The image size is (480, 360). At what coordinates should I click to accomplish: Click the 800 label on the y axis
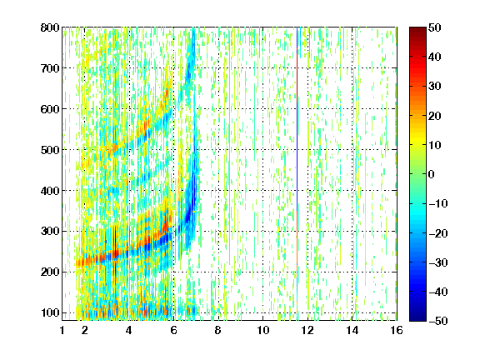(50, 27)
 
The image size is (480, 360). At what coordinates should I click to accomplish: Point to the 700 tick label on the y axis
(50, 68)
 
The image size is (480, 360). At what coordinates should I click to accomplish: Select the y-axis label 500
(50, 150)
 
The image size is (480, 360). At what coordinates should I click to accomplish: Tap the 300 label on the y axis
(50, 232)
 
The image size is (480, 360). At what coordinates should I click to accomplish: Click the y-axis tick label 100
(50, 312)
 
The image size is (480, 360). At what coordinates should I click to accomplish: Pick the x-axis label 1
(62, 330)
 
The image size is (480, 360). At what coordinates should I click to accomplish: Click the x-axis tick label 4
(129, 330)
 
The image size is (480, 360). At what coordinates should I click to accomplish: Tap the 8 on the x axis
(218, 330)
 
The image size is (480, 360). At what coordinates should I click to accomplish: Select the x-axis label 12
(307, 330)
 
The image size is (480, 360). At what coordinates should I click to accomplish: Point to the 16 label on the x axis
(397, 330)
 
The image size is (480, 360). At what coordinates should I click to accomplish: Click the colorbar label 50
(434, 27)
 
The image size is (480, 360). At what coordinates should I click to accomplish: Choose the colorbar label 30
(434, 86)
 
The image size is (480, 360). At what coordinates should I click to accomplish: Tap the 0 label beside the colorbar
(432, 174)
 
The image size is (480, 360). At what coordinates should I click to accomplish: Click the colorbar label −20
(438, 233)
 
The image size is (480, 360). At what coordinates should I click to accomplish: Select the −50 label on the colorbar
(438, 321)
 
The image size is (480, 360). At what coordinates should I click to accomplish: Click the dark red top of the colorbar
(417, 31)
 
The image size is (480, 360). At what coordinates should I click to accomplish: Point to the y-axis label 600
(50, 109)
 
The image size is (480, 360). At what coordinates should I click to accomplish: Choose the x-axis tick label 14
(352, 330)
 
